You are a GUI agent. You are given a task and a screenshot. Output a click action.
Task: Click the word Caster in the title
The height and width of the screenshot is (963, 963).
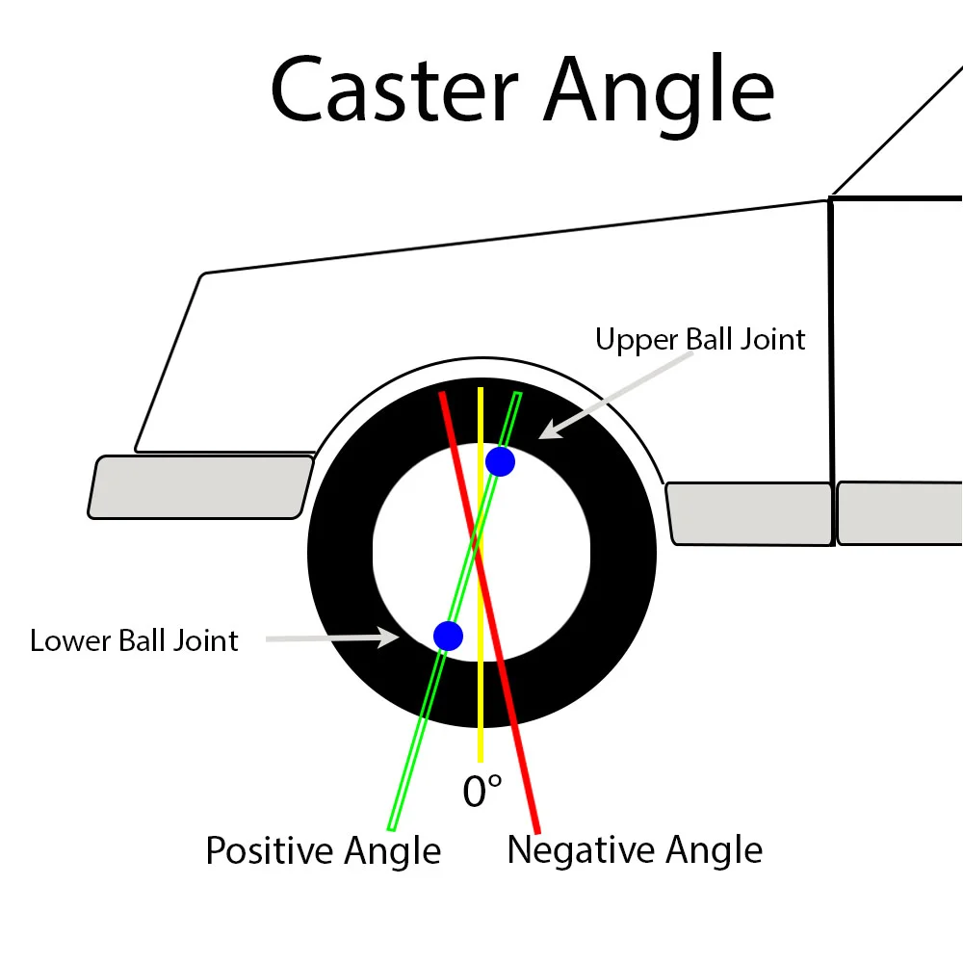point(395,90)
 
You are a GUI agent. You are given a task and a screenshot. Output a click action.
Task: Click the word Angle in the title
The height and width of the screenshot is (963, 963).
point(660,90)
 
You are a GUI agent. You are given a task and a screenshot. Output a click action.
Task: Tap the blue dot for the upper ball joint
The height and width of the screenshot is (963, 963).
point(500,461)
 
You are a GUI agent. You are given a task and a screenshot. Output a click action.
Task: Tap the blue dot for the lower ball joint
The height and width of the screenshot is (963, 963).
point(448,636)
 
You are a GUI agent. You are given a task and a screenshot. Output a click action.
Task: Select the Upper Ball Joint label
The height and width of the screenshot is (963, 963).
point(700,340)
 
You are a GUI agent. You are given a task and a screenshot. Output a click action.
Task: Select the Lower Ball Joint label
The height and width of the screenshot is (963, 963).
point(134,640)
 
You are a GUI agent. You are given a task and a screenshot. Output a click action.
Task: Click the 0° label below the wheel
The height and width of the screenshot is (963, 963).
point(482,792)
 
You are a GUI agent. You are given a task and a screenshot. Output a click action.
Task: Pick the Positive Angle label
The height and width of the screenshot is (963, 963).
point(323,851)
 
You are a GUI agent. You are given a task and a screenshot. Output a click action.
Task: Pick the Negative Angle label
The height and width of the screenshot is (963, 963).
point(635,850)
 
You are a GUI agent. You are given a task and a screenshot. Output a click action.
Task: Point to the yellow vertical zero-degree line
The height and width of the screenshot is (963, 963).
point(480,713)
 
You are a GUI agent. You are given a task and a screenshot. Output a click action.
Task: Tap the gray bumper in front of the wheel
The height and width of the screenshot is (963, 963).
point(200,487)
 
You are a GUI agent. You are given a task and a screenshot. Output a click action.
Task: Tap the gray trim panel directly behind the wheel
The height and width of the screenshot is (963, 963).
point(749,513)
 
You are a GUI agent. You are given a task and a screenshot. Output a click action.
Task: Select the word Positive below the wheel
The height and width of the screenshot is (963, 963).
point(264,851)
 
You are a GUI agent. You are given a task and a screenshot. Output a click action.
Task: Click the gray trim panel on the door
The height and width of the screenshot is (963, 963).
point(899,512)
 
